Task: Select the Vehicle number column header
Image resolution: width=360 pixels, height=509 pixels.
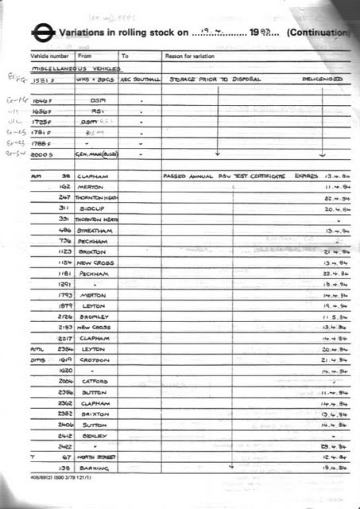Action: pos(50,56)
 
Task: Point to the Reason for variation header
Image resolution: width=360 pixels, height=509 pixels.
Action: pos(192,56)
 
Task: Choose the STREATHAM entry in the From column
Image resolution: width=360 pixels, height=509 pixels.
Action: pos(95,229)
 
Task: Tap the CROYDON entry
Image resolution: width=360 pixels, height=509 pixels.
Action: pos(95,359)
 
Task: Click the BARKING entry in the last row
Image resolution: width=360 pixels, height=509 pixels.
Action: pos(95,469)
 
